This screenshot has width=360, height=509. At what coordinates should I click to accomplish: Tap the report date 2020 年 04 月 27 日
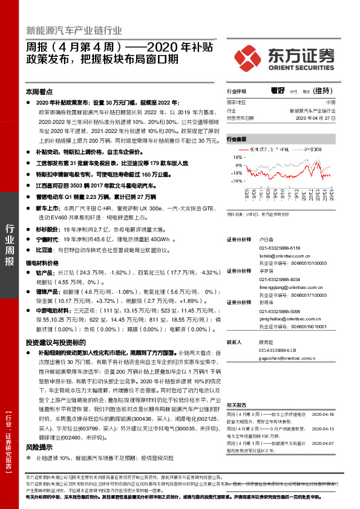pyautogui.click(x=313, y=118)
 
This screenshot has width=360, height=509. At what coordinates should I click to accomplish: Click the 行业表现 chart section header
pyautogui.click(x=237, y=138)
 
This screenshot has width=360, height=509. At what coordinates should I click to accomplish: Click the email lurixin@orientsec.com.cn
pyautogui.click(x=287, y=256)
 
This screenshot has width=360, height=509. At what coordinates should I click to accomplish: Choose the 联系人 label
pyautogui.click(x=235, y=342)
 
